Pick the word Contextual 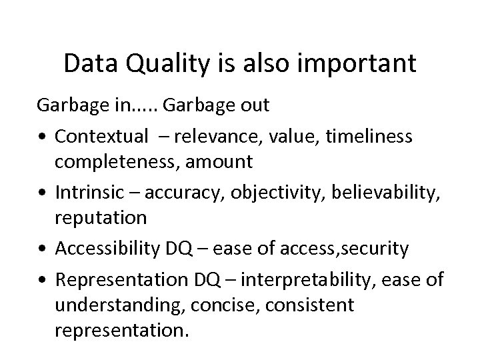click(x=102, y=137)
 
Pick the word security click(x=375, y=249)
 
